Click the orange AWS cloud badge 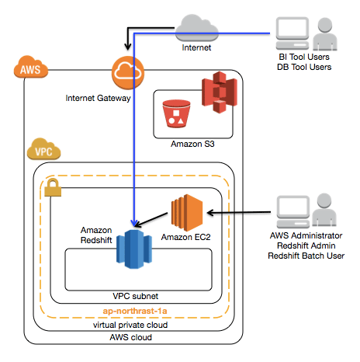pos(31,67)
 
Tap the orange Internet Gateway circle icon pos(128,73)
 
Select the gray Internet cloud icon pos(196,28)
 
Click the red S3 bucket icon pos(176,113)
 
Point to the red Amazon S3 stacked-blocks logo pos(220,92)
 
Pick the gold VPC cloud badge pos(43,149)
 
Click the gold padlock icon pos(53,187)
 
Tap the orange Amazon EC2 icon pos(187,213)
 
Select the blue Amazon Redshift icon pos(134,249)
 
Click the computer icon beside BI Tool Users pos(292,33)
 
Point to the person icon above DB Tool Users pos(325,34)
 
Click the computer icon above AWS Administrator pos(293,212)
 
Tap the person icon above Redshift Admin pos(324,210)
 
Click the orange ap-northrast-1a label pos(135,311)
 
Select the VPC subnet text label pos(136,296)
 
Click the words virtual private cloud pos(130,325)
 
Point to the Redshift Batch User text pos(306,256)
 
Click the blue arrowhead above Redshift pos(134,223)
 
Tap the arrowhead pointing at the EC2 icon pos(210,213)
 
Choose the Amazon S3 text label pos(192,144)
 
